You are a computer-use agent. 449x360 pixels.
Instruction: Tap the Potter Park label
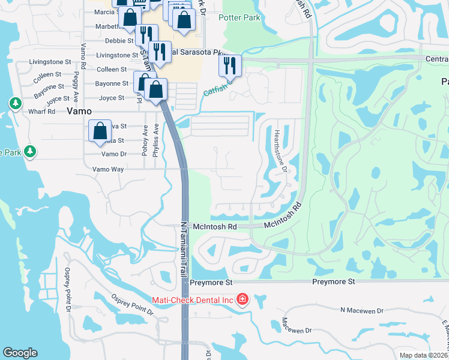click(240, 18)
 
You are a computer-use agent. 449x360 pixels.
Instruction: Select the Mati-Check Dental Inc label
click(192, 299)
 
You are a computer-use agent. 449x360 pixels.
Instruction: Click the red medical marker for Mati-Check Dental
click(243, 299)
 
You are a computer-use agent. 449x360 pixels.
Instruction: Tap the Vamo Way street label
click(108, 170)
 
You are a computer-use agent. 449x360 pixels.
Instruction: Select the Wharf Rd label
click(41, 112)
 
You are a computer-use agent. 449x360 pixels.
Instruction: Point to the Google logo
click(20, 353)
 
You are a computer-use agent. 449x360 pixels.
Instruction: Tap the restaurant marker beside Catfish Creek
click(230, 65)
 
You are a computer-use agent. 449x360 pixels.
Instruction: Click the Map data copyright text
click(424, 355)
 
